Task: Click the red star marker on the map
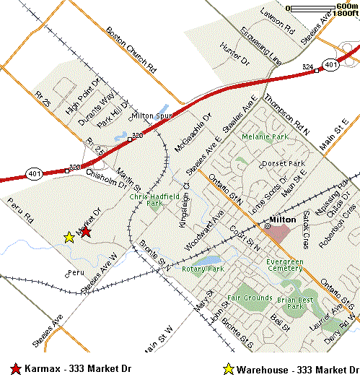point(85,231)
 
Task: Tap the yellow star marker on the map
point(69,237)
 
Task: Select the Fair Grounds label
point(249,298)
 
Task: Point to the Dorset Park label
point(284,164)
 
